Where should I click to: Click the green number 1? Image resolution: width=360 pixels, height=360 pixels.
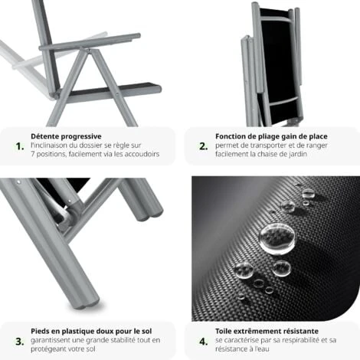(19, 145)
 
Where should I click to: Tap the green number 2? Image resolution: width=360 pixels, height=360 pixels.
(203, 145)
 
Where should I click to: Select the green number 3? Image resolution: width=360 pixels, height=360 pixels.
(19, 340)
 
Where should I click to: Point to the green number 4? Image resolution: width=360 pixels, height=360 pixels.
(203, 340)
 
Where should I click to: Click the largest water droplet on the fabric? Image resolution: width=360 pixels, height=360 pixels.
(274, 237)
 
